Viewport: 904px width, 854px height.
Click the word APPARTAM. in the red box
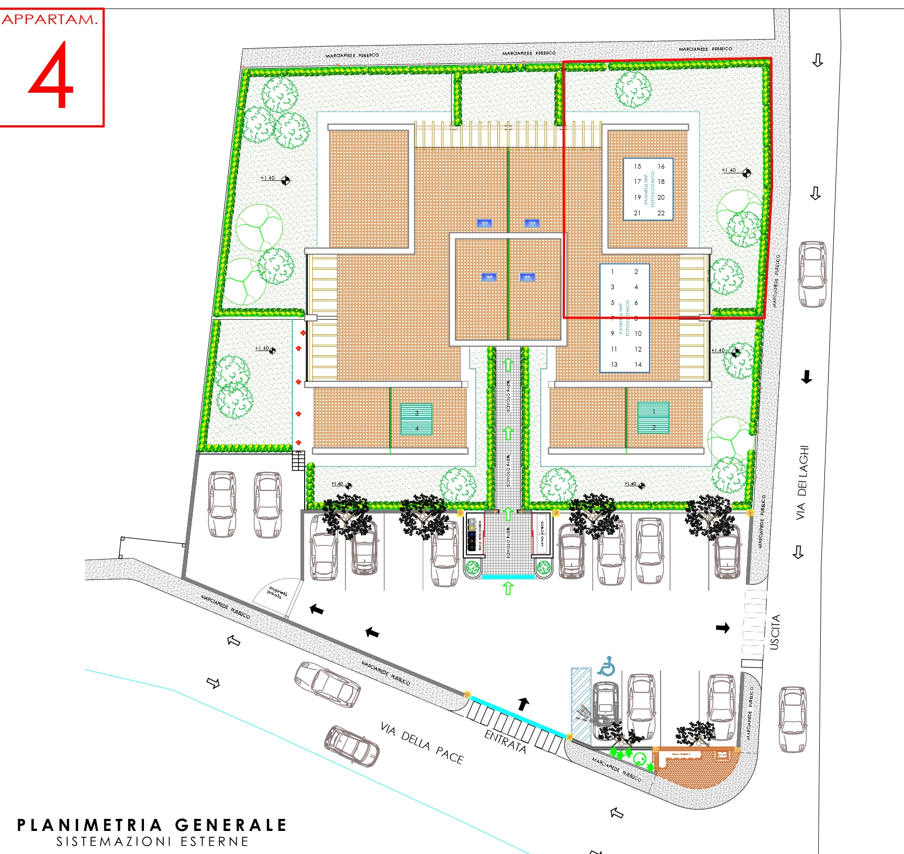click(50, 19)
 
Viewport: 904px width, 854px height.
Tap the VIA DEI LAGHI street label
click(802, 483)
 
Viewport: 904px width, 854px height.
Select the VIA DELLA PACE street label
click(421, 743)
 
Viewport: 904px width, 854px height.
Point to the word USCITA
click(775, 632)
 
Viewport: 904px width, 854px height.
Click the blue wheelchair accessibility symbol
click(607, 666)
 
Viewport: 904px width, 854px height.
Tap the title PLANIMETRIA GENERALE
click(152, 825)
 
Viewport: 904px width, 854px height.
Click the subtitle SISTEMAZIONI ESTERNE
click(152, 842)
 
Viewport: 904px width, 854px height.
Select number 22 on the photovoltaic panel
click(661, 213)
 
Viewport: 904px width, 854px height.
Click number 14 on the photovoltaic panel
click(638, 365)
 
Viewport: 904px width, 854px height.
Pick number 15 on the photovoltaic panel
click(638, 167)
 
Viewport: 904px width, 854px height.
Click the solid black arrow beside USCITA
click(723, 628)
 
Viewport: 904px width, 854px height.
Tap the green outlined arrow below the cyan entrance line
click(508, 588)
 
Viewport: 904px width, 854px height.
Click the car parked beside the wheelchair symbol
click(606, 703)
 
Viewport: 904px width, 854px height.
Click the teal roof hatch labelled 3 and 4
click(417, 419)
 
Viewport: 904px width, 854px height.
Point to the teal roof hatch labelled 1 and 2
click(653, 418)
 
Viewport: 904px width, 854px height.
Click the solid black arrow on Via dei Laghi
click(807, 377)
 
